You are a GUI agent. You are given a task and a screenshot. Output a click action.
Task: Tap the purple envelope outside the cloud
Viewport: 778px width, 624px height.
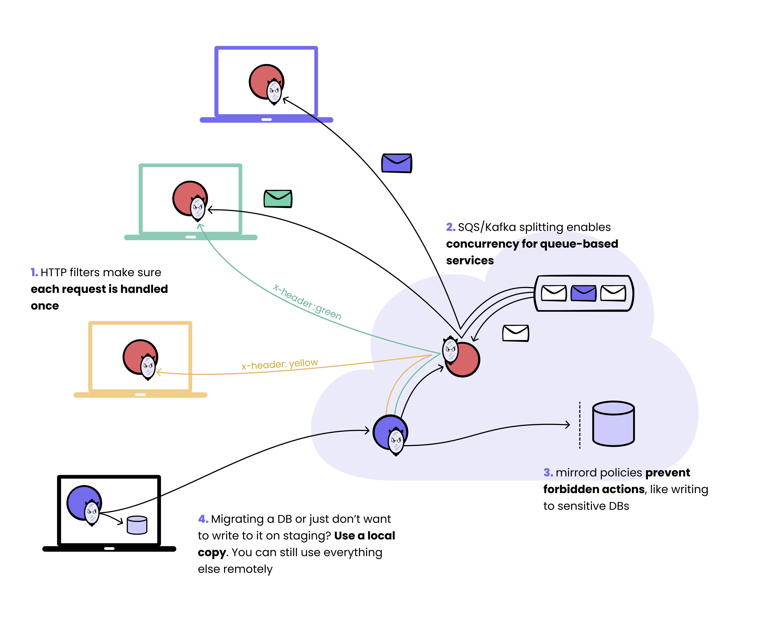(x=397, y=163)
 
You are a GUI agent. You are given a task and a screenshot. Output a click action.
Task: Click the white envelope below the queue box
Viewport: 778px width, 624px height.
(x=516, y=333)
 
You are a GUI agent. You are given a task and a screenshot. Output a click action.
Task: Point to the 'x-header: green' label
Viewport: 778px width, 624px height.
(x=307, y=302)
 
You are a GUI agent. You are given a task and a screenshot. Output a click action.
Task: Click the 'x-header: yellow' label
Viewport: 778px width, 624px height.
(x=280, y=364)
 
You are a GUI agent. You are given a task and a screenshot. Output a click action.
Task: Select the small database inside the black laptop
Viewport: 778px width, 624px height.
(x=137, y=525)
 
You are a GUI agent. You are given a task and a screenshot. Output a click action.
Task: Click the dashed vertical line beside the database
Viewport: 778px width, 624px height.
(x=580, y=425)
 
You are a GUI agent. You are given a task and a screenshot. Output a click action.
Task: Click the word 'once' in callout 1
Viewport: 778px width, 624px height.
(x=45, y=306)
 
